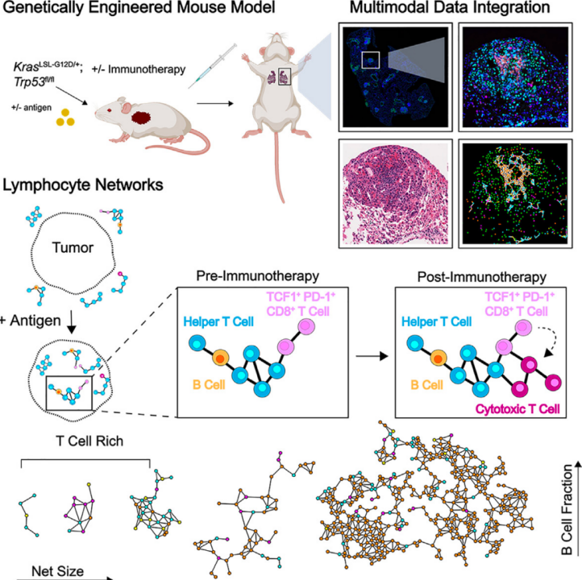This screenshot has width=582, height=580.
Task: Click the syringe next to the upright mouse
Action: click(212, 65)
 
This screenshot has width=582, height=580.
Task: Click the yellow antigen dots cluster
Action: click(65, 118)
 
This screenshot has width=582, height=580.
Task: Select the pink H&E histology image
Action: click(395, 193)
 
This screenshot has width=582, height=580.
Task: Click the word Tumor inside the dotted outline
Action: click(73, 247)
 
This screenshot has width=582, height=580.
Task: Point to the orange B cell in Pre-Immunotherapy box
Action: click(221, 358)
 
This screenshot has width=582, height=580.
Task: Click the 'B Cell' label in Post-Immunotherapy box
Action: click(427, 385)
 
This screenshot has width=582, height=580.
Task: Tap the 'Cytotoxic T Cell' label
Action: click(518, 408)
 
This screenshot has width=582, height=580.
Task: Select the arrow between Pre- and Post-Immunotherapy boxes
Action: click(372, 356)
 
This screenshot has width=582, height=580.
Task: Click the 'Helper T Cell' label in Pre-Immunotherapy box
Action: click(218, 321)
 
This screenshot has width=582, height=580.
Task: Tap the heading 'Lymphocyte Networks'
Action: click(83, 184)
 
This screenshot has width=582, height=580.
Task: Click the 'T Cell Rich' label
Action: click(89, 441)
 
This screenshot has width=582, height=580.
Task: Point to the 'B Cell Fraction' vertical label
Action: click(567, 510)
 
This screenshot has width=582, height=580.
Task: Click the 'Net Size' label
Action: click(57, 571)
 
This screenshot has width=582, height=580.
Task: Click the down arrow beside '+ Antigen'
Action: click(71, 323)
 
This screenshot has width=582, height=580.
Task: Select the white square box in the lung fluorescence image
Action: click(371, 60)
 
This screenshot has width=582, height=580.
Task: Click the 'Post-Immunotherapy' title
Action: click(481, 277)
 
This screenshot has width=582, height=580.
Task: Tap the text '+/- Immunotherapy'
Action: click(139, 69)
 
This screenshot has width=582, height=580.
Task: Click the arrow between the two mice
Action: click(215, 103)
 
